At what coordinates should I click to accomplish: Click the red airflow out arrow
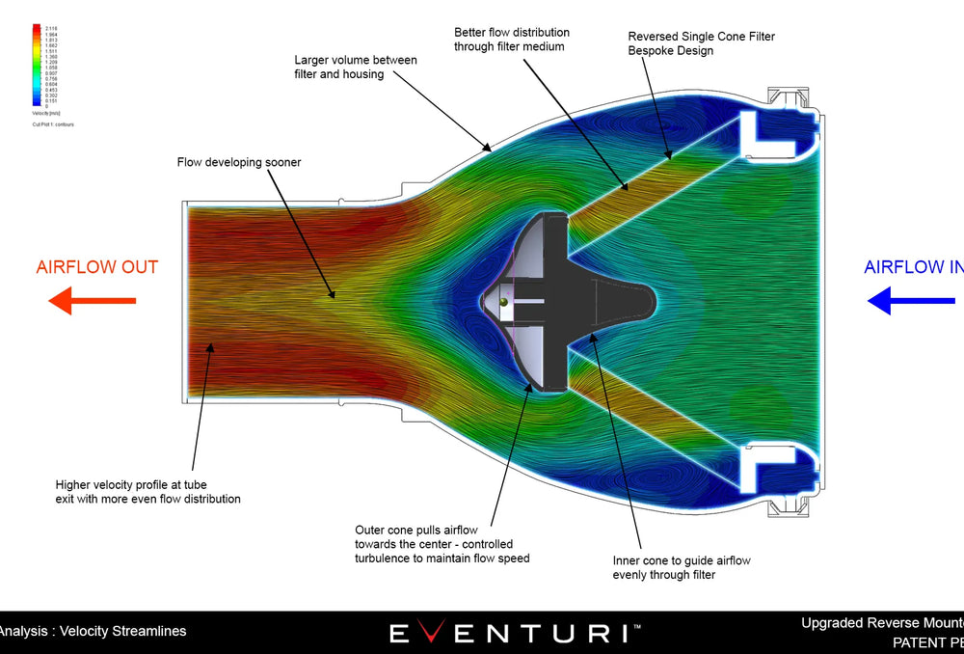91,301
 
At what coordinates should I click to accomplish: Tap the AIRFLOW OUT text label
96,267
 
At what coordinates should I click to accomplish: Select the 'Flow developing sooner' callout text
239,162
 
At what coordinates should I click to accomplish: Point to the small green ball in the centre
503,303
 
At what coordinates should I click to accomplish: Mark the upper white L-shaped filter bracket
770,130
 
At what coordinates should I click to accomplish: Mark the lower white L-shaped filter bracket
770,472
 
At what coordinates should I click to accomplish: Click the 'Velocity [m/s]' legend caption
46,112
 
